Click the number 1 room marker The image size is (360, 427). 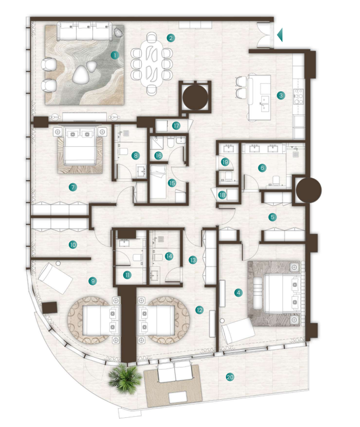pos(115,55)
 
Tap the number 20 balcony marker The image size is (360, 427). pos(230,377)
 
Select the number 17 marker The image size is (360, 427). pos(176,126)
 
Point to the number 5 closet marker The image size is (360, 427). pos(272,217)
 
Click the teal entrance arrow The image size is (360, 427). pos(280,35)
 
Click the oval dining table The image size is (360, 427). pos(151,64)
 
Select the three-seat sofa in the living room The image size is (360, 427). pos(85,31)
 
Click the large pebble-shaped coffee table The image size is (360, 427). pos(81,75)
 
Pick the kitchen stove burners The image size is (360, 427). pos(298,96)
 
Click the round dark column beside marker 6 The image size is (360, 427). pos(309,190)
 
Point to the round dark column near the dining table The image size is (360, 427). pos(195,96)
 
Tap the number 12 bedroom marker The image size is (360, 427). pos(199,310)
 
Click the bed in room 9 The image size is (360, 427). pos(101,320)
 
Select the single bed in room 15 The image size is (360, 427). pos(158,181)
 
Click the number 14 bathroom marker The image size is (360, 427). pos(169,256)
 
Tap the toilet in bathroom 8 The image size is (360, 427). pos(122,151)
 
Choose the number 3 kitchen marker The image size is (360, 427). pos(281,95)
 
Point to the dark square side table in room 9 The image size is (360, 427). pos(50,307)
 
